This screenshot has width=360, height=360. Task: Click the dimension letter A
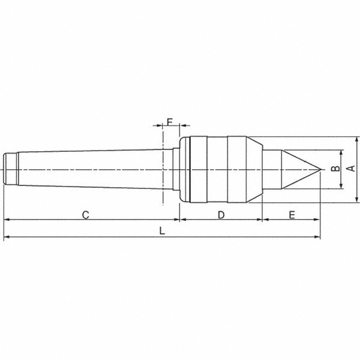(x=352, y=169)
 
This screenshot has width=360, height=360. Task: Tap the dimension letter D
(x=221, y=214)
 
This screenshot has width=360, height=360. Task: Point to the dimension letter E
(x=292, y=214)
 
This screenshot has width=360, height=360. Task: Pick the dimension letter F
(x=170, y=122)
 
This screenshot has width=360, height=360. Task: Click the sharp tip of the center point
(x=319, y=169)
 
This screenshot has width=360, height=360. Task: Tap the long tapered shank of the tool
(x=90, y=169)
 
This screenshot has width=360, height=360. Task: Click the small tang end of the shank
(x=10, y=169)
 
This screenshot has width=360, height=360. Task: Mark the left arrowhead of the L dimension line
(x=7, y=238)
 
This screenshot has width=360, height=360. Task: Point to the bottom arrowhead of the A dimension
(x=357, y=200)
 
